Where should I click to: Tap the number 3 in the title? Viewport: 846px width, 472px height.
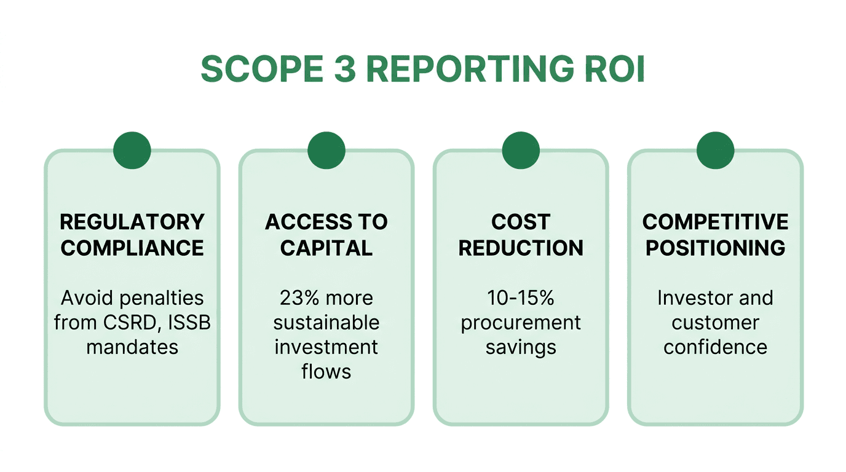pos(344,69)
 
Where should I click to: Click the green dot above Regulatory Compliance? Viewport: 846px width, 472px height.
pos(132,151)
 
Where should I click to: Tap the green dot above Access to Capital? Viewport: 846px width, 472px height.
pos(326,151)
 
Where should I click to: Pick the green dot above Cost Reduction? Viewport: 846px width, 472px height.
pos(521,151)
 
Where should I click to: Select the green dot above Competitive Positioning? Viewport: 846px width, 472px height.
pos(715,151)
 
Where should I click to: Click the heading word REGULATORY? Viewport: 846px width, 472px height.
pos(132,222)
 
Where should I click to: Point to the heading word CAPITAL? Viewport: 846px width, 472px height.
pos(326,248)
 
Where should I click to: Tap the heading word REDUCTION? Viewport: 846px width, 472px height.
pos(521,248)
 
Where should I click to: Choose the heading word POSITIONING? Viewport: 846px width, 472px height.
pos(715,248)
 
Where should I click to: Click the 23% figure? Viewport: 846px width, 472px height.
pos(300,298)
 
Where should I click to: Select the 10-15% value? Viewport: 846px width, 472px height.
pos(521,298)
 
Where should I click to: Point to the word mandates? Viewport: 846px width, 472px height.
pos(132,347)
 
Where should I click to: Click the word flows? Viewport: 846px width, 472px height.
pos(326,372)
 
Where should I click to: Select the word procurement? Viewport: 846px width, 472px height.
pos(521,323)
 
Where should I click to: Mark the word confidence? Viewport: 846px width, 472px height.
pos(715,347)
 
